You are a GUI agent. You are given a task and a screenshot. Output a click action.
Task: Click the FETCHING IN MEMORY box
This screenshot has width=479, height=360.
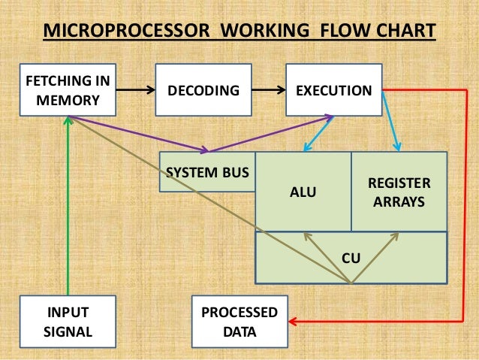[x=68, y=90]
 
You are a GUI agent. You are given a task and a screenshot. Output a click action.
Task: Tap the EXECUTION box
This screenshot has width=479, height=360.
[x=333, y=90]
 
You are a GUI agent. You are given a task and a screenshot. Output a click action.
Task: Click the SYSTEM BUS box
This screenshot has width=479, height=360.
[x=207, y=172]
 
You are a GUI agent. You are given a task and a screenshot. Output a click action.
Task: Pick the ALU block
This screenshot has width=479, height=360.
[x=303, y=192]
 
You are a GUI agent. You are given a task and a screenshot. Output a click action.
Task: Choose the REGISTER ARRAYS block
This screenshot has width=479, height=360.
[x=399, y=192]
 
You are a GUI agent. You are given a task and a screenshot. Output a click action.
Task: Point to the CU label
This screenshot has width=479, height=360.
[x=351, y=258]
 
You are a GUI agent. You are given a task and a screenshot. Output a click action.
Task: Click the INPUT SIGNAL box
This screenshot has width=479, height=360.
[x=68, y=322]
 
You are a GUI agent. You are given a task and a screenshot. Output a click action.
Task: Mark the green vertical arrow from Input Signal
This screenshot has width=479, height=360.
[x=68, y=210]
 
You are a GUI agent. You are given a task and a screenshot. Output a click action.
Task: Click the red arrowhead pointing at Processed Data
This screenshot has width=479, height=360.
[x=294, y=322]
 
